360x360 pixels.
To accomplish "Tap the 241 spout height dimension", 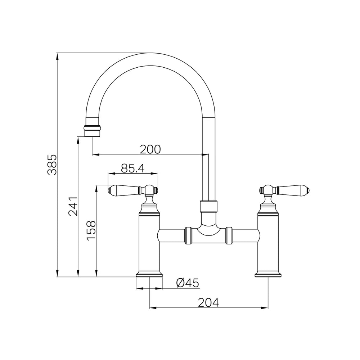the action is [x=73, y=206].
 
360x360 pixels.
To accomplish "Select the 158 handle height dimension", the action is [x=91, y=230].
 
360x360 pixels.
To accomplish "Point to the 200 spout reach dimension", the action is [x=150, y=149].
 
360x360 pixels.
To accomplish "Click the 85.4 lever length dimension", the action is [x=133, y=168].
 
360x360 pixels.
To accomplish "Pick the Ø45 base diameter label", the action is [x=188, y=283].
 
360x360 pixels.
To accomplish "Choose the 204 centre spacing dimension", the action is [x=208, y=302].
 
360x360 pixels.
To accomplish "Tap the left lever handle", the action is [x=133, y=190].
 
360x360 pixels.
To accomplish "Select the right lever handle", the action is [x=284, y=190].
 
